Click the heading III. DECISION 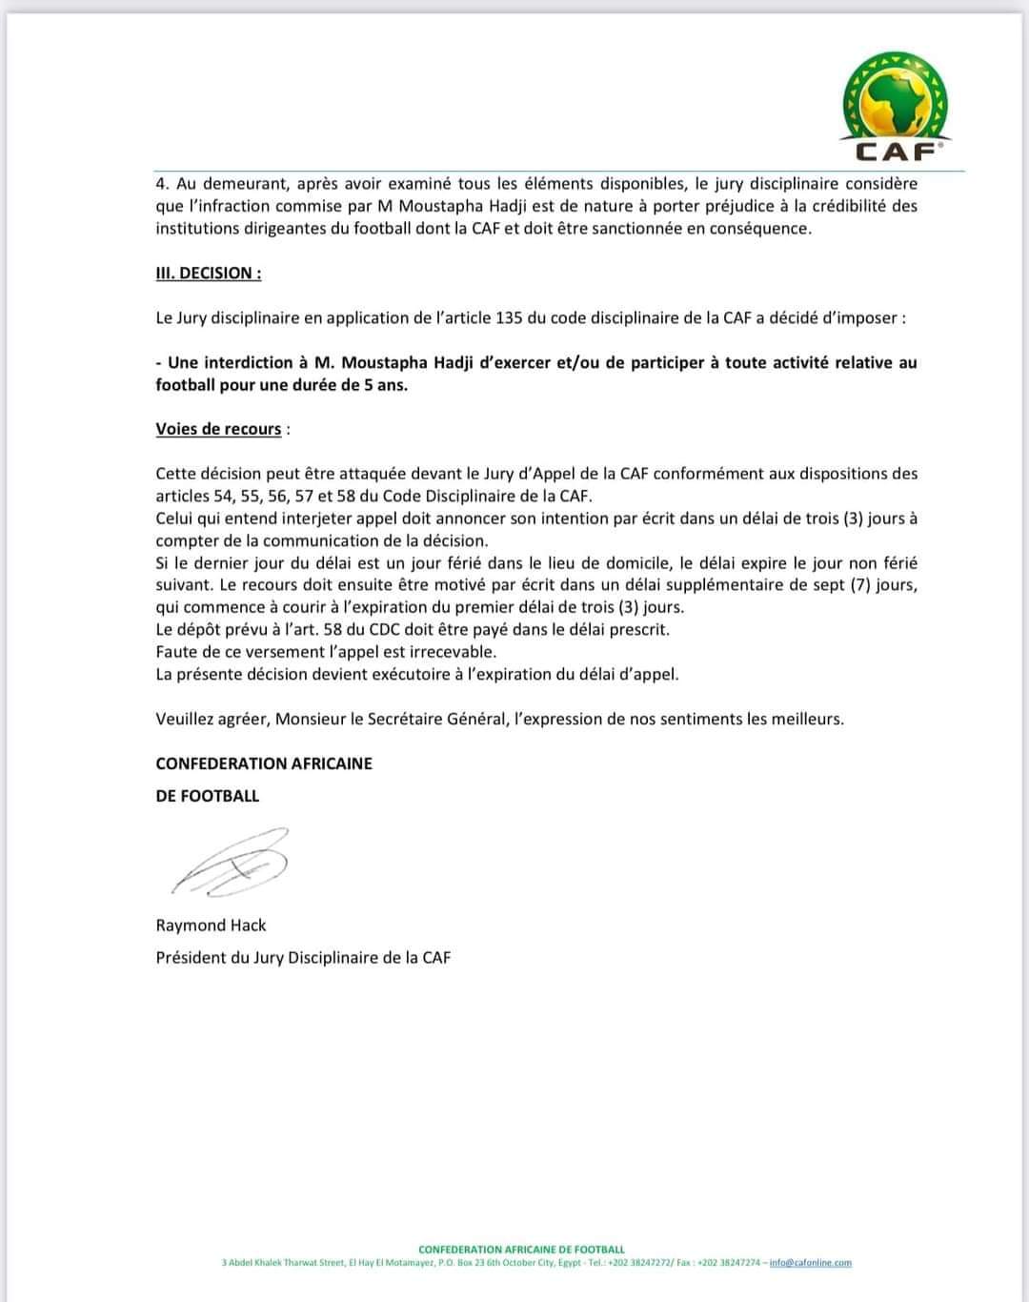(x=208, y=273)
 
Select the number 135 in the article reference (x=511, y=317)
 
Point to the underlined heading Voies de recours (x=218, y=429)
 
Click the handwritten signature (x=232, y=862)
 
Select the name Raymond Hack (x=211, y=925)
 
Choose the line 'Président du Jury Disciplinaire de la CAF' (x=303, y=957)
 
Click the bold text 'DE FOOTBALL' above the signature (x=207, y=795)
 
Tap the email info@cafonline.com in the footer (x=810, y=1262)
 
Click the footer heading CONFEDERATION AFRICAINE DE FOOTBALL (x=521, y=1249)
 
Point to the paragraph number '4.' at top (x=163, y=183)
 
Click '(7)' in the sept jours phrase (x=861, y=584)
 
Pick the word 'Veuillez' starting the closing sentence (x=185, y=719)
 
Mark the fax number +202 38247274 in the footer (x=729, y=1262)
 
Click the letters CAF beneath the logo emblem (x=895, y=150)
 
